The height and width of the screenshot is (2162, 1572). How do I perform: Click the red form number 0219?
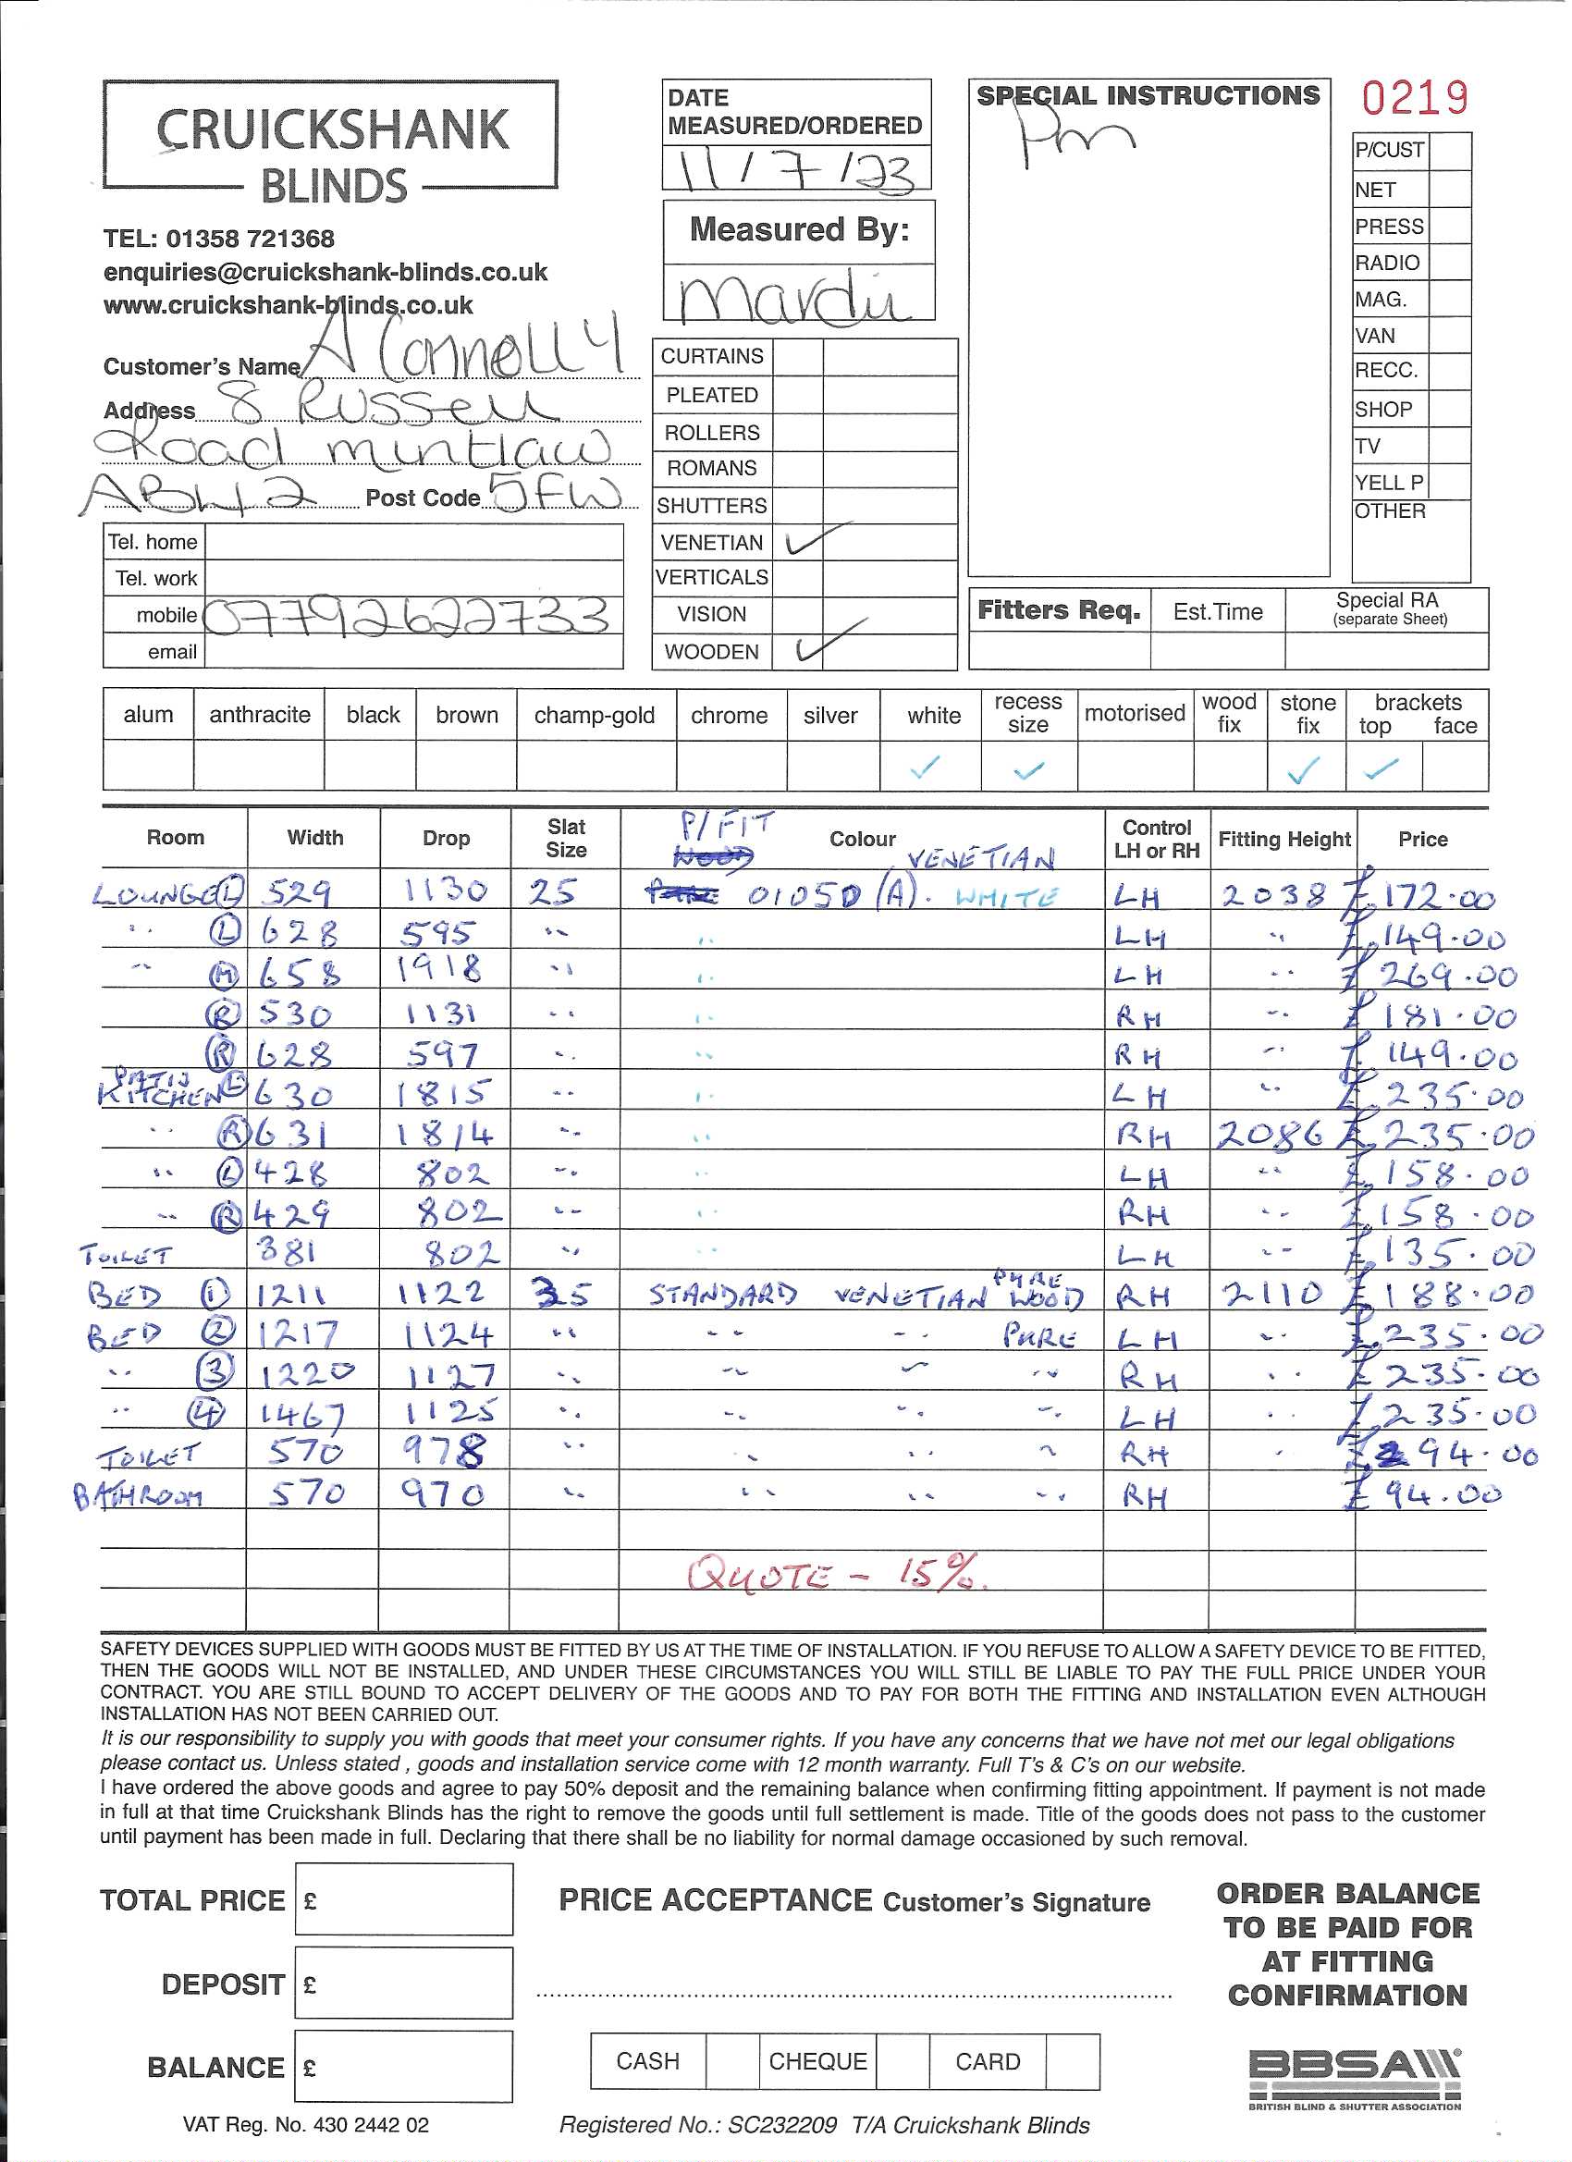tap(1414, 98)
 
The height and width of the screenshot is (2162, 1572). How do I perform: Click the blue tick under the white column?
tap(925, 766)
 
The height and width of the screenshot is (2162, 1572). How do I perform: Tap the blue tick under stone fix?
tap(1303, 768)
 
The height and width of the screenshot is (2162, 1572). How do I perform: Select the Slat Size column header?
tap(565, 838)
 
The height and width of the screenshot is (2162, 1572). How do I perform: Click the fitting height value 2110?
tap(1272, 1294)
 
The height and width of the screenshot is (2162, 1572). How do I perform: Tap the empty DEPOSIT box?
tap(403, 1983)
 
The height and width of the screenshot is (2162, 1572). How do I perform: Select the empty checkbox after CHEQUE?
tap(902, 2061)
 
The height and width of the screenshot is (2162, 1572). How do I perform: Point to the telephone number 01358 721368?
tap(219, 239)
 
